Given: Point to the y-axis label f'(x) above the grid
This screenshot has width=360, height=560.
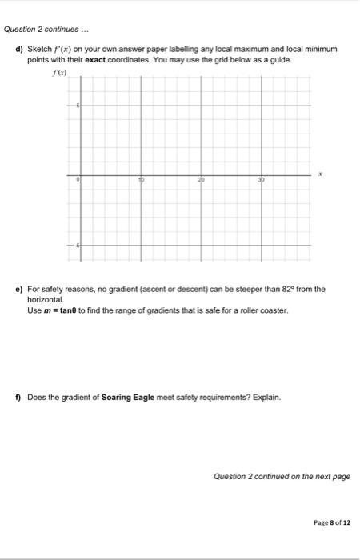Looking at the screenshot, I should (x=55, y=71).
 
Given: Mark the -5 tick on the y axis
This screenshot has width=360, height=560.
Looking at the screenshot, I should (x=77, y=245).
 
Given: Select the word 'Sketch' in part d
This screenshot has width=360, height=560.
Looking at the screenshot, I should (x=39, y=49).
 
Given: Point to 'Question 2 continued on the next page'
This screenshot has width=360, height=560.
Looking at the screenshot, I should (x=282, y=476).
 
